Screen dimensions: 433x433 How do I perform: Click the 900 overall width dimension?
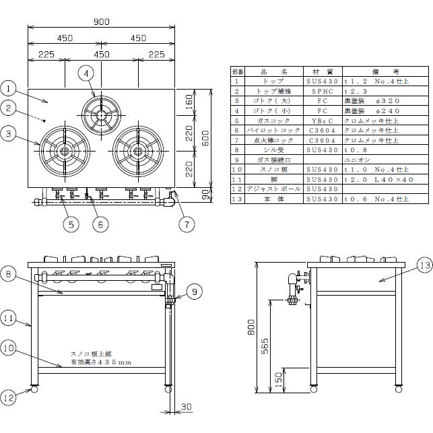click(101, 22)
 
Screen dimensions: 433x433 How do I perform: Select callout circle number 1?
click(8, 88)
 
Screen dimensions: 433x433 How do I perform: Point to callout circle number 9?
click(193, 292)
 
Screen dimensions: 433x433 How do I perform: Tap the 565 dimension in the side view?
click(265, 345)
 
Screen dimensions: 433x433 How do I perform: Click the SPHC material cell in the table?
click(322, 90)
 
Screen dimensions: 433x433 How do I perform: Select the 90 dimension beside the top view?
click(206, 195)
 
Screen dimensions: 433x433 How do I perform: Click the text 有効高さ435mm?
click(101, 362)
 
